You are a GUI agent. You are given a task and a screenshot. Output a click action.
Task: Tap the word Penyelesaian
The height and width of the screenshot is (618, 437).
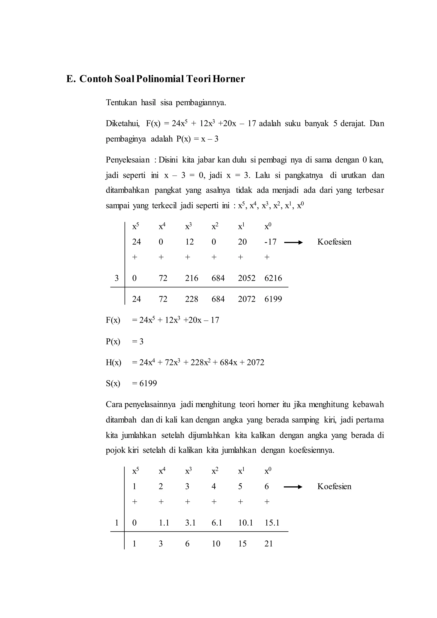[x=128, y=160]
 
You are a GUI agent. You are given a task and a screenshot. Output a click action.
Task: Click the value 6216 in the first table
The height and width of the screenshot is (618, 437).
[x=273, y=278]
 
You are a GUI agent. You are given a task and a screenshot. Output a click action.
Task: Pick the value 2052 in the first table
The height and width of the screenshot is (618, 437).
[x=246, y=278]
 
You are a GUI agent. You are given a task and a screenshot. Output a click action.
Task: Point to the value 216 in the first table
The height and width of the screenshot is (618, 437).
[x=191, y=278]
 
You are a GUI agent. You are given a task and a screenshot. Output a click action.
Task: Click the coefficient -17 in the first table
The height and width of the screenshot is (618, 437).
[x=270, y=242]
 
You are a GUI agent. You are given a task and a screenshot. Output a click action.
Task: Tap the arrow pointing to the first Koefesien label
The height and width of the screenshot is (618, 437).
[x=293, y=242]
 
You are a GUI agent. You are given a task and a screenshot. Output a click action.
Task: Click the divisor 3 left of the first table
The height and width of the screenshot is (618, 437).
[x=117, y=278]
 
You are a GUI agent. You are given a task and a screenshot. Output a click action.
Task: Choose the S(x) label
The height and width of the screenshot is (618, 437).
[x=113, y=383]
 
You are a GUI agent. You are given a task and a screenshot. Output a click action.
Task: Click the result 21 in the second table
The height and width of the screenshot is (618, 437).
[x=269, y=544]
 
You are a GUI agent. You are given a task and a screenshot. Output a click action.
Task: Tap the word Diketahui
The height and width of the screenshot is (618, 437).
[x=122, y=124]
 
